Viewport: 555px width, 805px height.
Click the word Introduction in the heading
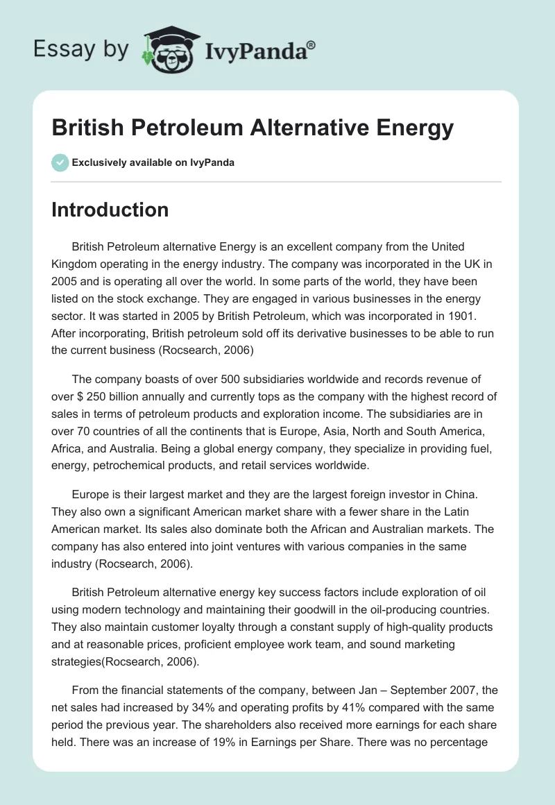[x=110, y=210]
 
